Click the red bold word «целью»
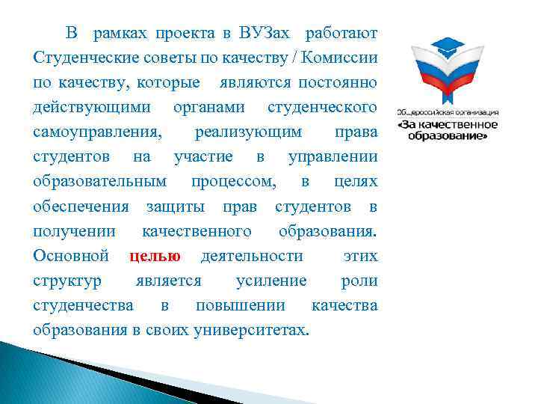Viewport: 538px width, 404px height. tap(155, 257)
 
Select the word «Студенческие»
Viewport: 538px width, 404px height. tap(79, 58)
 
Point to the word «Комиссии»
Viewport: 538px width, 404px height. tap(345, 58)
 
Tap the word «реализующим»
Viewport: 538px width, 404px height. tap(248, 132)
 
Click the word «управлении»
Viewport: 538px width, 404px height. tap(332, 157)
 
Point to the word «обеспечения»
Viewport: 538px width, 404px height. tap(81, 206)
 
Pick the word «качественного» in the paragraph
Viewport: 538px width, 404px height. tap(197, 231)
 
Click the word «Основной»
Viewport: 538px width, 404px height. tap(71, 257)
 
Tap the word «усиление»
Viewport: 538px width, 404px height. tap(270, 281)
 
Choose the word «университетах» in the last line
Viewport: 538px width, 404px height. tap(250, 331)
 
